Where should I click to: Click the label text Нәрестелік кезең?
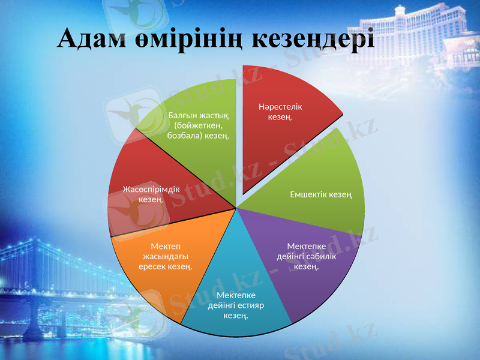280,112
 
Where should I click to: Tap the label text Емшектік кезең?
320,194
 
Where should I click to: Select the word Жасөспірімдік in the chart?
151,189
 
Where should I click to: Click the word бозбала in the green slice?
184,136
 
